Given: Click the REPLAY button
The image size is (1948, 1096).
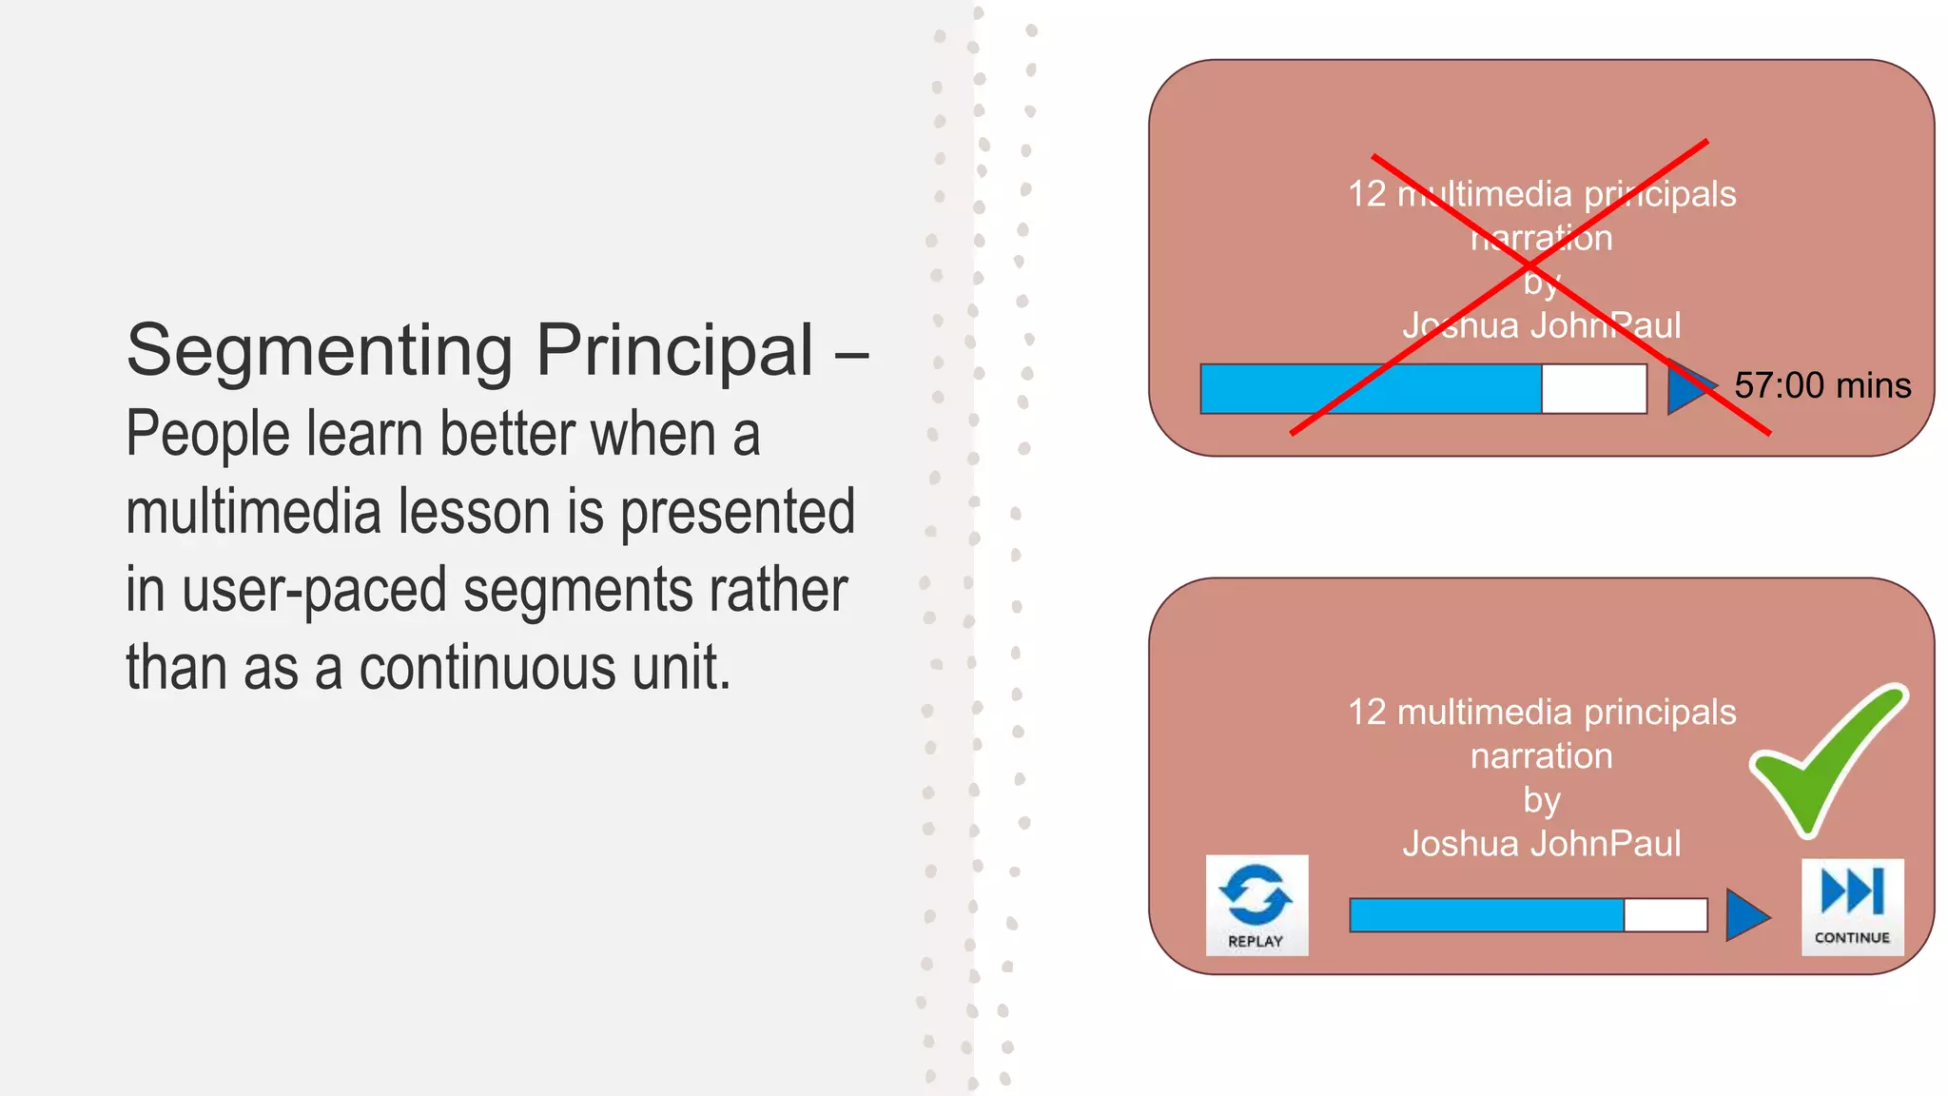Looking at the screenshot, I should pyautogui.click(x=1256, y=905).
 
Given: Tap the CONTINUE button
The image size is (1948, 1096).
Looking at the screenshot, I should pyautogui.click(x=1852, y=907).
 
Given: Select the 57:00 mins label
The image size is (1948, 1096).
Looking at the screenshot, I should pyautogui.click(x=1821, y=386).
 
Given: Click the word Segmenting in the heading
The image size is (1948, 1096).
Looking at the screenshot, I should pyautogui.click(x=319, y=351).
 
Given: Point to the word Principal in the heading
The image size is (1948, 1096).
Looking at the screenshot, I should pyautogui.click(x=675, y=351).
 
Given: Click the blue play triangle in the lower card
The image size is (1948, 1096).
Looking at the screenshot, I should pyautogui.click(x=1745, y=915).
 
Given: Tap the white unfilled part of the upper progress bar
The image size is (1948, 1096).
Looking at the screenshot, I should pyautogui.click(x=1593, y=389).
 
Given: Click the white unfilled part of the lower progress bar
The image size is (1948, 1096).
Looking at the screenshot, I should pyautogui.click(x=1665, y=915).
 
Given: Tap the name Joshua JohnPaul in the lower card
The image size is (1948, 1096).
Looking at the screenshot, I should pyautogui.click(x=1541, y=844).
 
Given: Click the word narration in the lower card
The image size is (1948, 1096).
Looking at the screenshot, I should pyautogui.click(x=1541, y=756).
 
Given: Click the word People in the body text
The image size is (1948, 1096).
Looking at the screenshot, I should pyautogui.click(x=207, y=435).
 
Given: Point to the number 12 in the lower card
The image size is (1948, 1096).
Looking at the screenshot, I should pyautogui.click(x=1367, y=713).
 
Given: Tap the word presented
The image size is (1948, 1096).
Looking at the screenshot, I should pyautogui.click(x=737, y=513).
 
